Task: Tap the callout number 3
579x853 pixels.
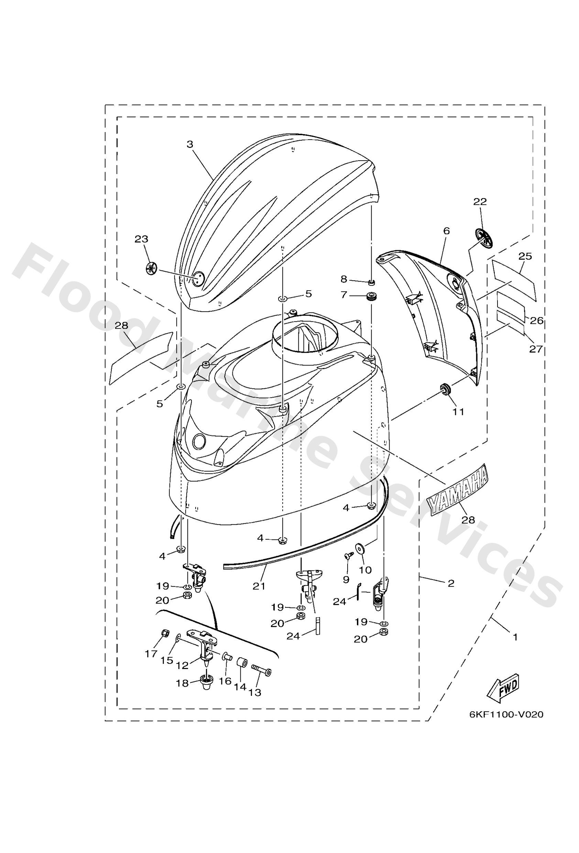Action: pyautogui.click(x=190, y=144)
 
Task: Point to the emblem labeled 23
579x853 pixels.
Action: pyautogui.click(x=151, y=268)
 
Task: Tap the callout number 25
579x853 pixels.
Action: pyautogui.click(x=525, y=256)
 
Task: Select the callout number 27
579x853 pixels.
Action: pyautogui.click(x=535, y=349)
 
